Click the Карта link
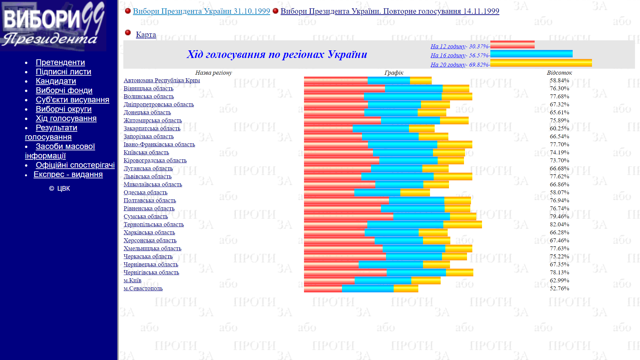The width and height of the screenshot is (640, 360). pos(146,35)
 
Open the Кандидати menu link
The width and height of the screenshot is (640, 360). pos(56,81)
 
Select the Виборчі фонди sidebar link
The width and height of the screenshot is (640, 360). pos(64,90)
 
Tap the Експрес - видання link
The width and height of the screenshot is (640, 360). pos(68,174)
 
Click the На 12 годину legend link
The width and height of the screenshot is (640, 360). pos(448,46)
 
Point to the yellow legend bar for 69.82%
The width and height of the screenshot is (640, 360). pos(541,63)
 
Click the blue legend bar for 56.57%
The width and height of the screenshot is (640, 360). pos(531,54)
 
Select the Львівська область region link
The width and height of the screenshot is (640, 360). pos(147,176)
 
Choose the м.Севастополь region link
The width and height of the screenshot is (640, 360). pos(143,288)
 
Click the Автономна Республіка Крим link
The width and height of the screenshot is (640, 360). pos(162,80)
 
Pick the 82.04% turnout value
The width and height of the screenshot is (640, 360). pos(559,224)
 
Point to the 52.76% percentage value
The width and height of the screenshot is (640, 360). pos(559,288)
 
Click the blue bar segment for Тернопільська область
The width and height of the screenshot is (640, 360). pos(405,224)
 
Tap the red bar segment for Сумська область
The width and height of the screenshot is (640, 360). pos(348,216)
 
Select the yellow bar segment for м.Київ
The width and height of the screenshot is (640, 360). pos(426,280)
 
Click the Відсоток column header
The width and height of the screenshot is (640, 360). pos(559,73)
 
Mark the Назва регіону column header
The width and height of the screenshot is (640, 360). pos(213,73)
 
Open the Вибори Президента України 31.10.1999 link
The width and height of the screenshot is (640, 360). pos(201,11)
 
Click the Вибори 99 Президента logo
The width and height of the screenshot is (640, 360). pos(53,25)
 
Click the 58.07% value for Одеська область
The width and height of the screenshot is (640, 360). pos(559,192)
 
